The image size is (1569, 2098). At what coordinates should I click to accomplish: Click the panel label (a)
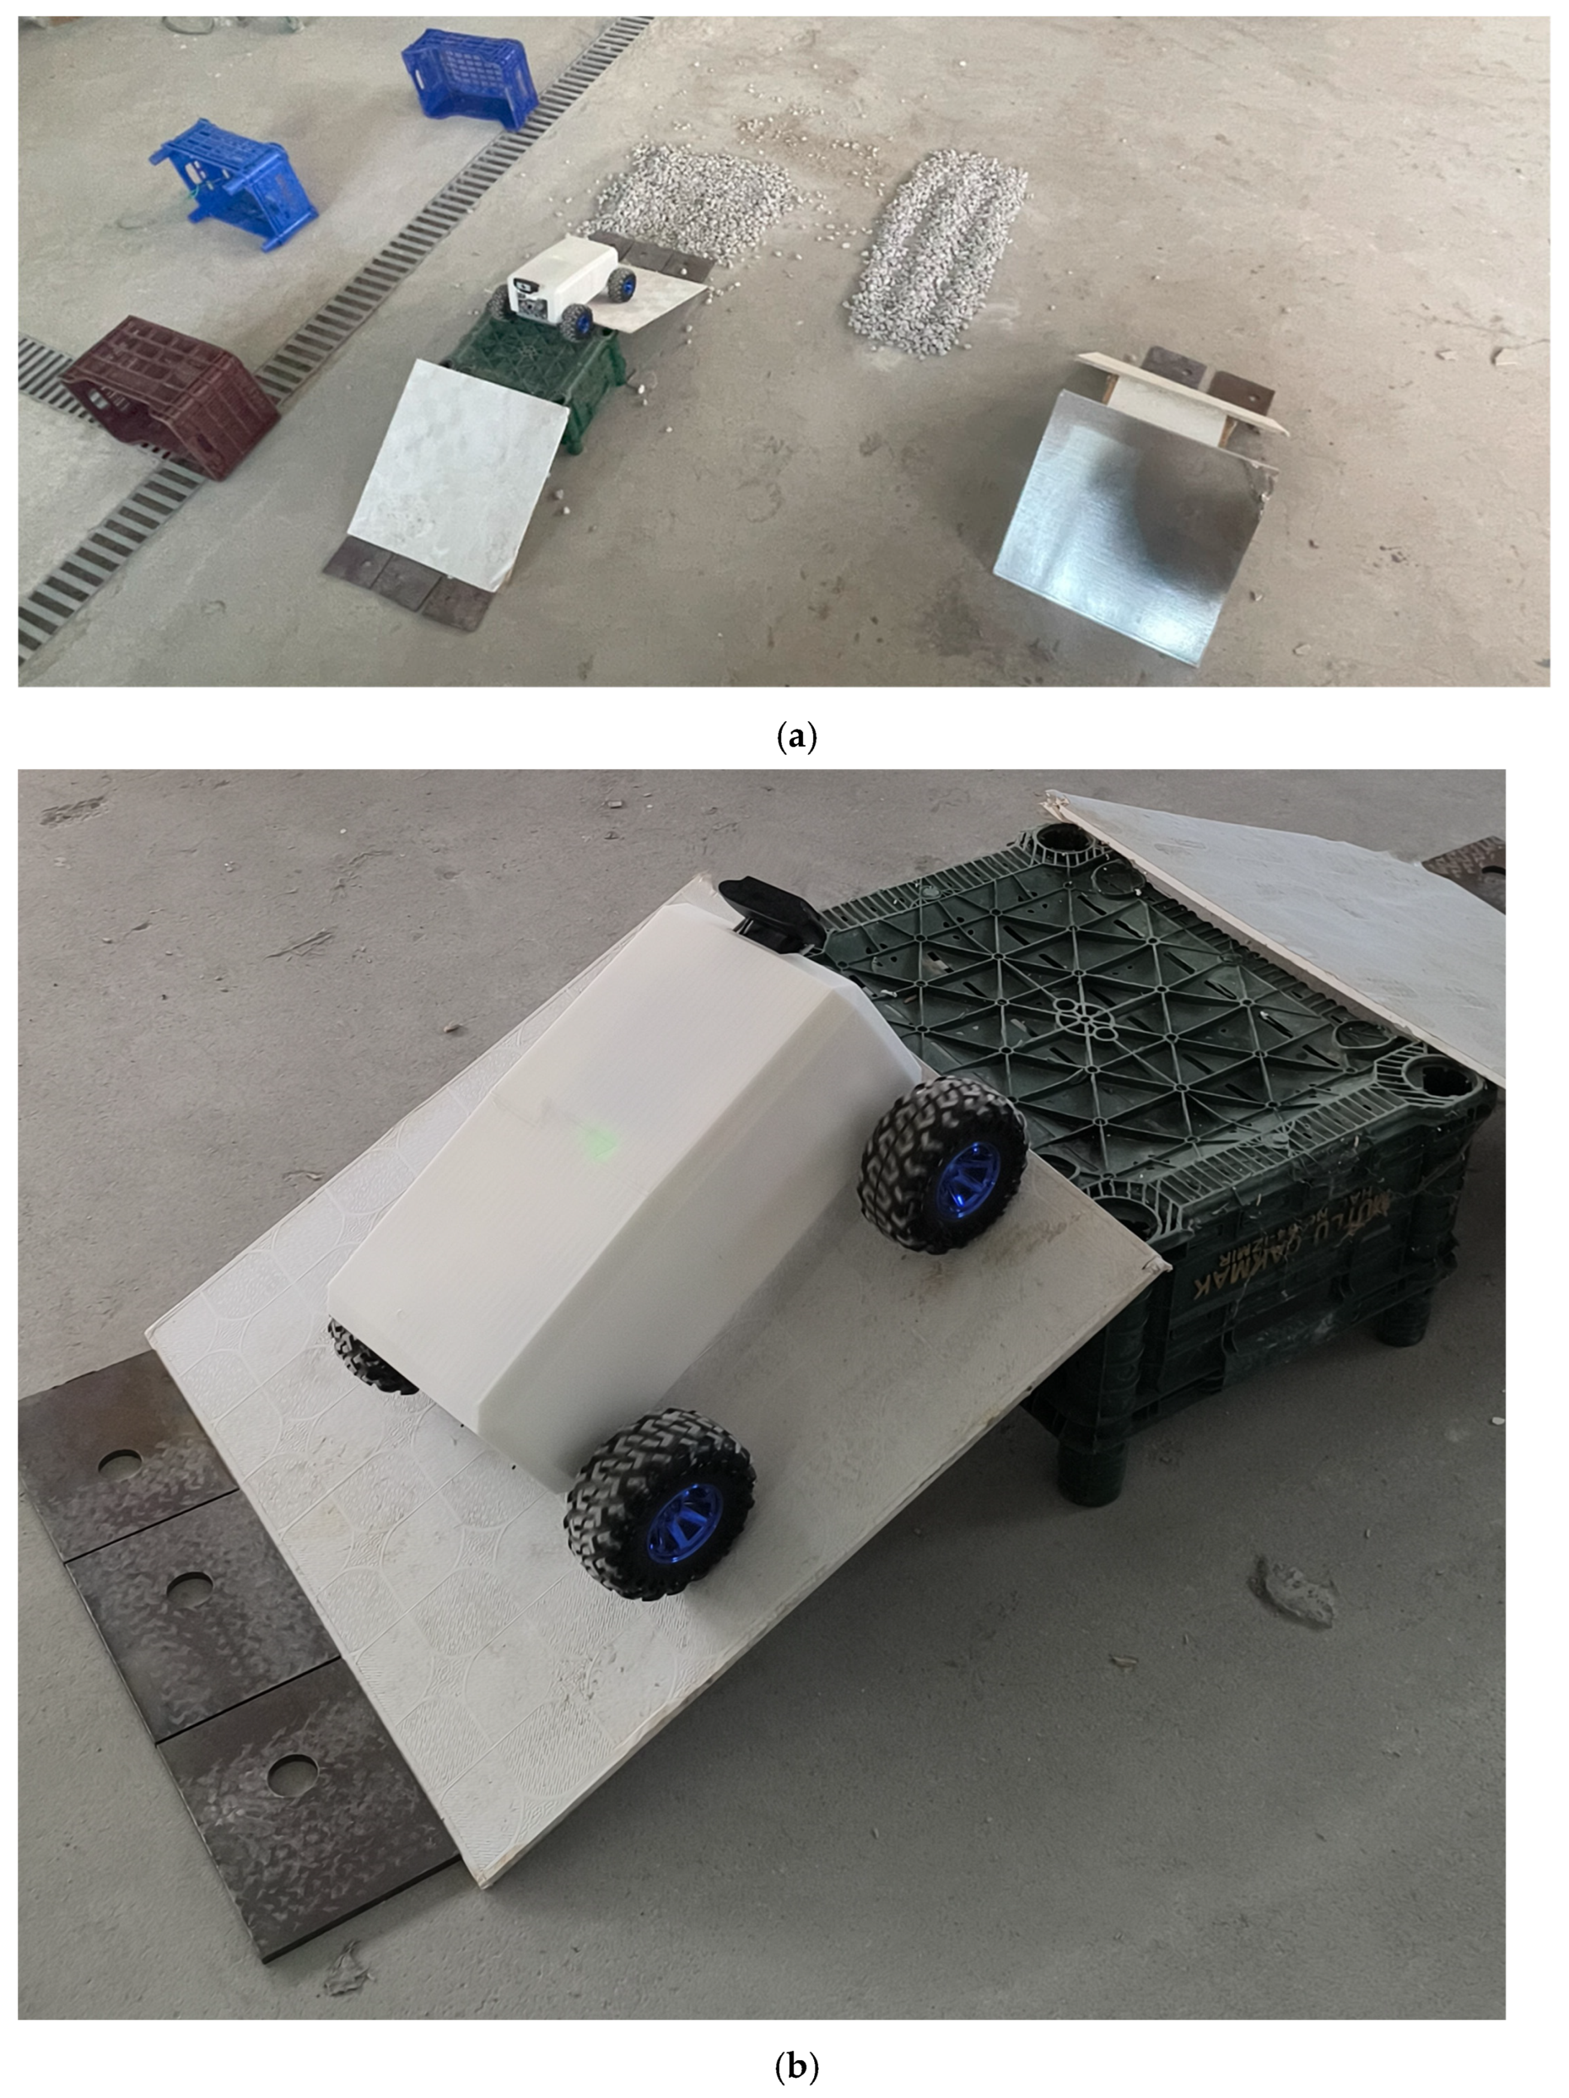795,737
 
